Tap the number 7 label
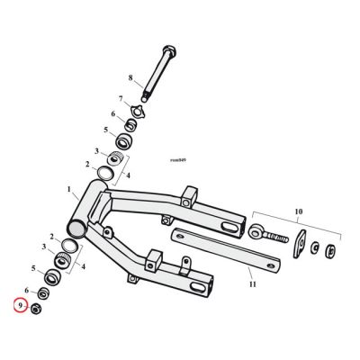[119, 98]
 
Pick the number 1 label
[68, 189]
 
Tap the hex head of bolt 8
[168, 49]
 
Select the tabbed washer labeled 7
[135, 112]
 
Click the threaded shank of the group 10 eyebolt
[275, 238]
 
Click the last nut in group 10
[331, 251]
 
